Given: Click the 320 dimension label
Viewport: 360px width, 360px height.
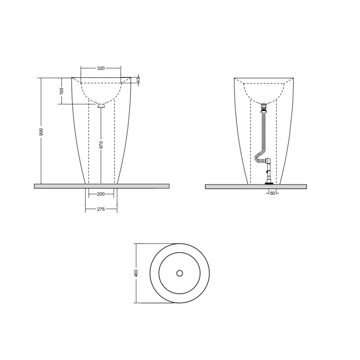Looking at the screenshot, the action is (x=101, y=68).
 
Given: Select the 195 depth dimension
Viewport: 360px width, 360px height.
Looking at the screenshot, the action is (x=62, y=91).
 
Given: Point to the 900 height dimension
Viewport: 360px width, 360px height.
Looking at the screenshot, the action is (x=41, y=131).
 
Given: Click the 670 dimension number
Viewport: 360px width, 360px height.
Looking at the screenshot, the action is (x=101, y=145).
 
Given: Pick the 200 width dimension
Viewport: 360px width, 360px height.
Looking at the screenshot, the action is (x=101, y=194).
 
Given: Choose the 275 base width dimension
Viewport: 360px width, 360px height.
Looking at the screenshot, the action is (x=101, y=209).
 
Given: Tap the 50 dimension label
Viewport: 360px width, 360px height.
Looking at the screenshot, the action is (x=272, y=193).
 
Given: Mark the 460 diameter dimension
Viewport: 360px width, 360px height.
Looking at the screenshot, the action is (x=136, y=273).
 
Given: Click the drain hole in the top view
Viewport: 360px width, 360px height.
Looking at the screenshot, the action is (x=180, y=273).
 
